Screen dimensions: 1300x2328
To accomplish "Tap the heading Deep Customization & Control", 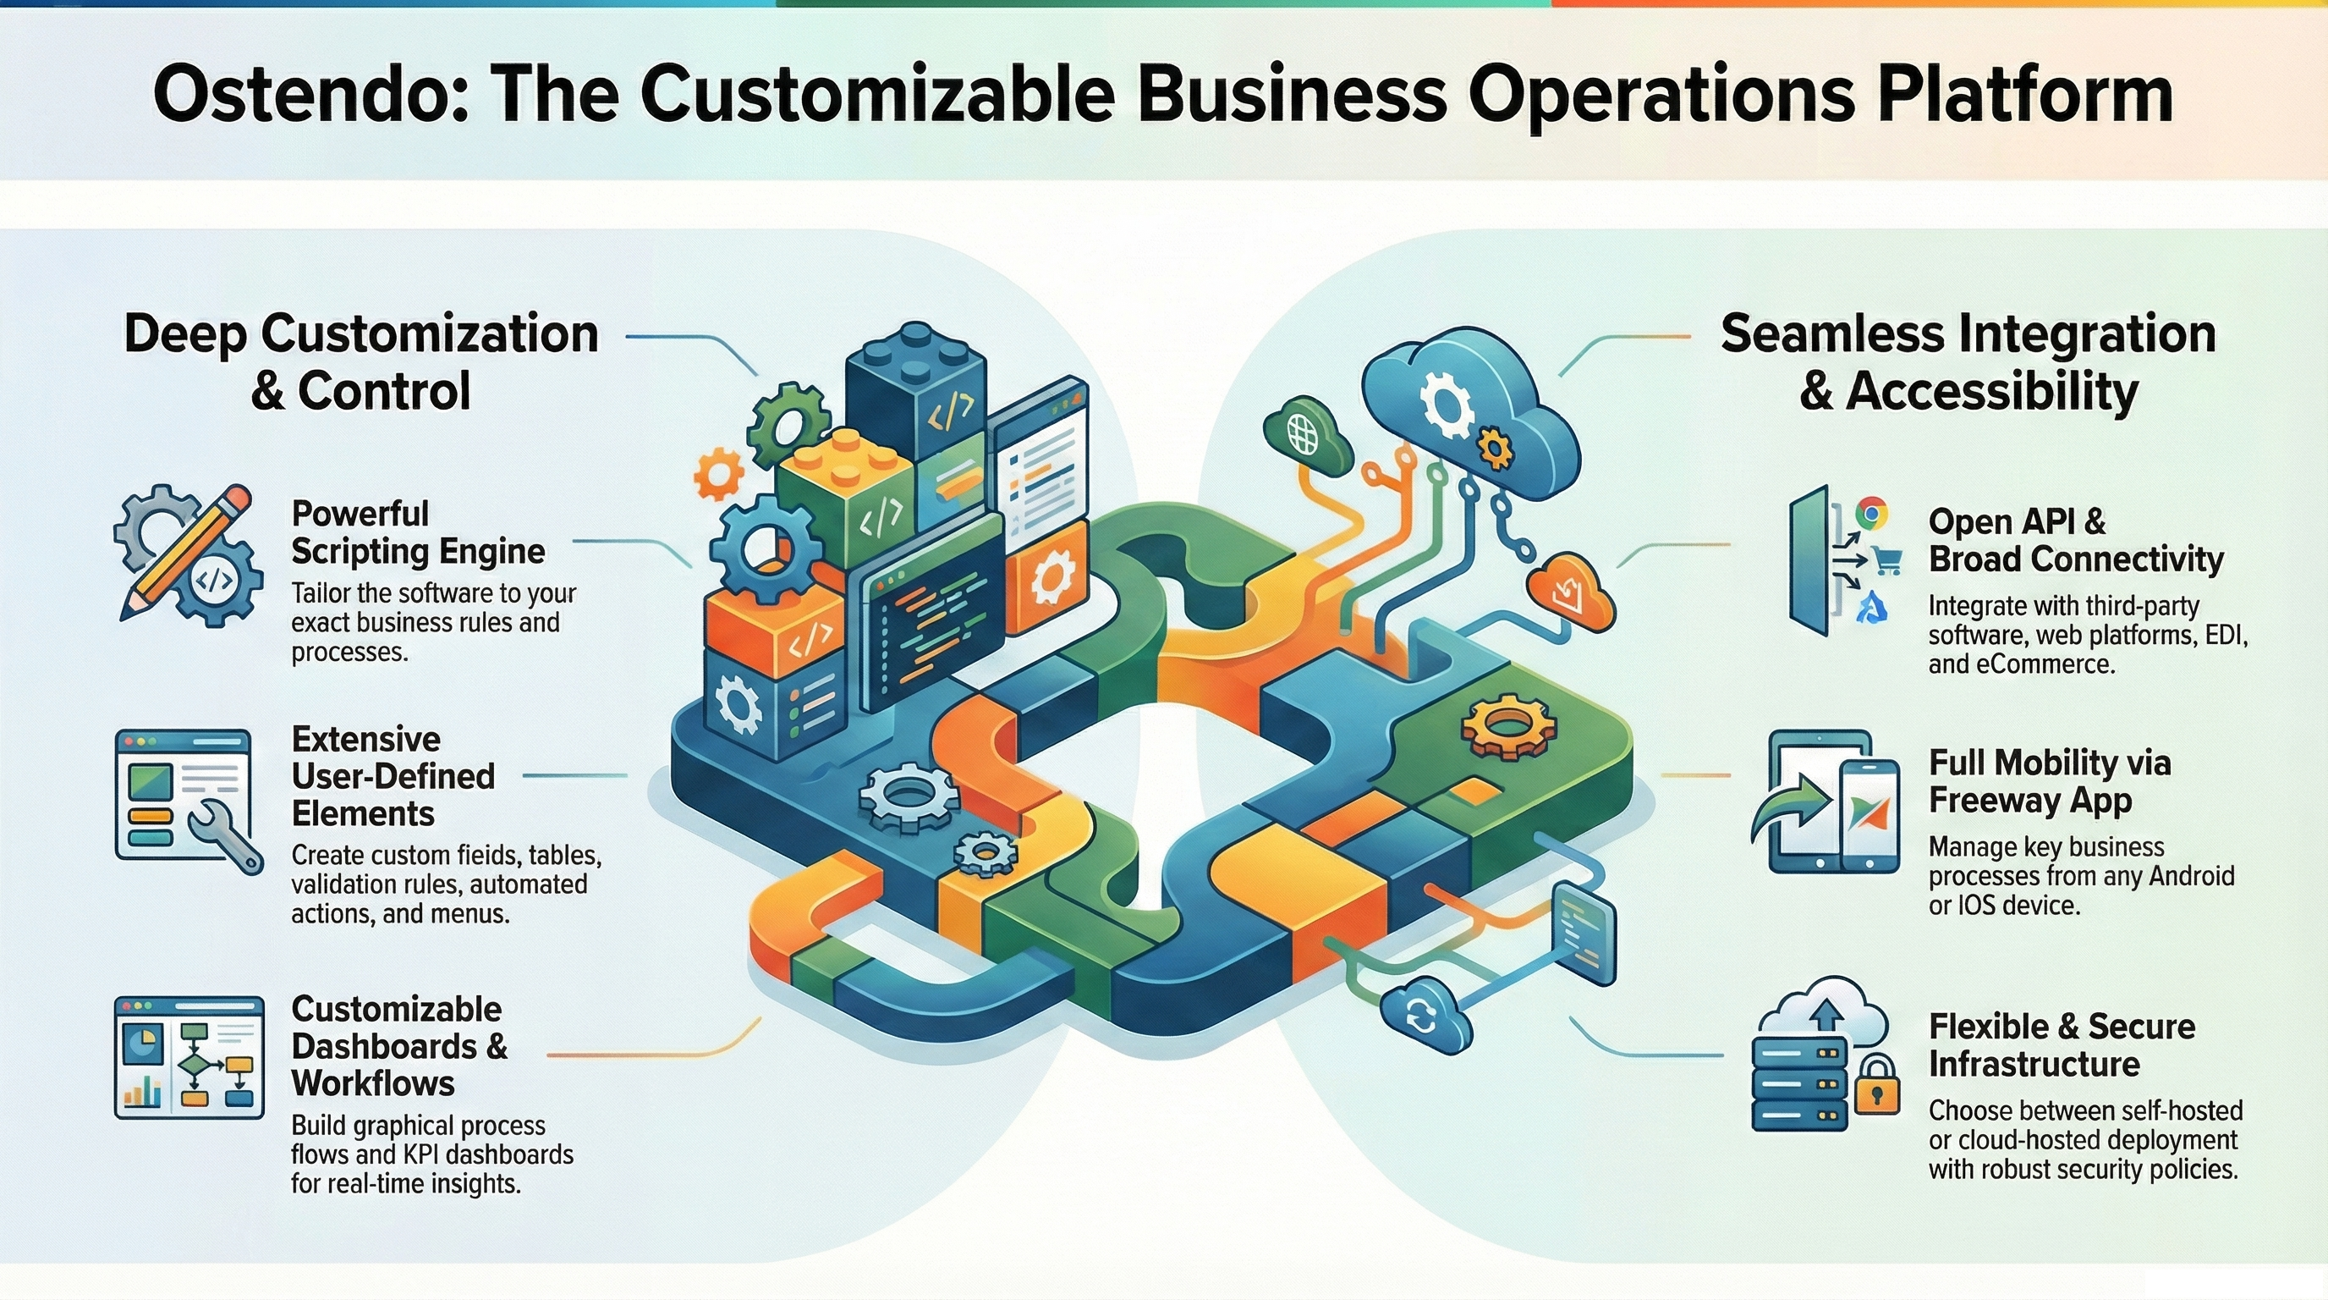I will coord(360,361).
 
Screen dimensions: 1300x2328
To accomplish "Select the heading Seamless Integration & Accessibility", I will coord(1968,361).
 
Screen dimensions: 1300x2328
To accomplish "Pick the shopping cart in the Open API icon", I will coord(1886,560).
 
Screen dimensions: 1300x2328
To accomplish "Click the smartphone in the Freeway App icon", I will coord(1868,813).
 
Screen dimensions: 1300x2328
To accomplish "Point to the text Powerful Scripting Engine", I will coord(418,532).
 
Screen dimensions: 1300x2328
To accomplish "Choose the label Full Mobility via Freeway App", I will coord(2049,781).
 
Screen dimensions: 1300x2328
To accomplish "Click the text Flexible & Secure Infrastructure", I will coord(2062,1045).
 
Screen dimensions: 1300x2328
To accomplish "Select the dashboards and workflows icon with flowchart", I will coord(189,1057).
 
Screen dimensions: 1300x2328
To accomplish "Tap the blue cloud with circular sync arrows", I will coord(1421,1017).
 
